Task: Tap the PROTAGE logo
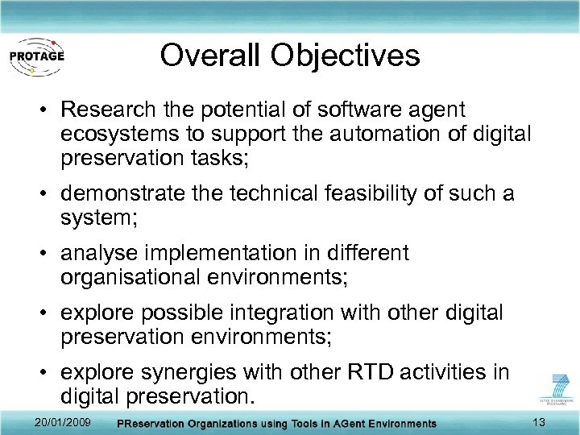click(37, 56)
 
